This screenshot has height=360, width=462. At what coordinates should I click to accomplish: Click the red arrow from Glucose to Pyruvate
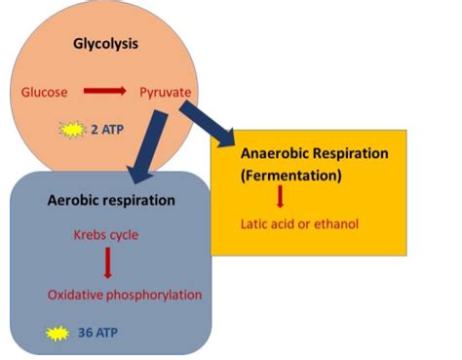(x=105, y=92)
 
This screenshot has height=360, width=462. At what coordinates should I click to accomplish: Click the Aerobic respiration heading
(x=111, y=200)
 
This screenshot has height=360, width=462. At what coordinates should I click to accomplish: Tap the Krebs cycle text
(x=106, y=235)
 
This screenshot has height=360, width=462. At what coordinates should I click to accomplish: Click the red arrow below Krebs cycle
(x=107, y=264)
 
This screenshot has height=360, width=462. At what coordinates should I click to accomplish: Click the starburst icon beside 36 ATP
(x=60, y=332)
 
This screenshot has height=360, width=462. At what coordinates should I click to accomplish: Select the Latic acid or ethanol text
(x=300, y=224)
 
